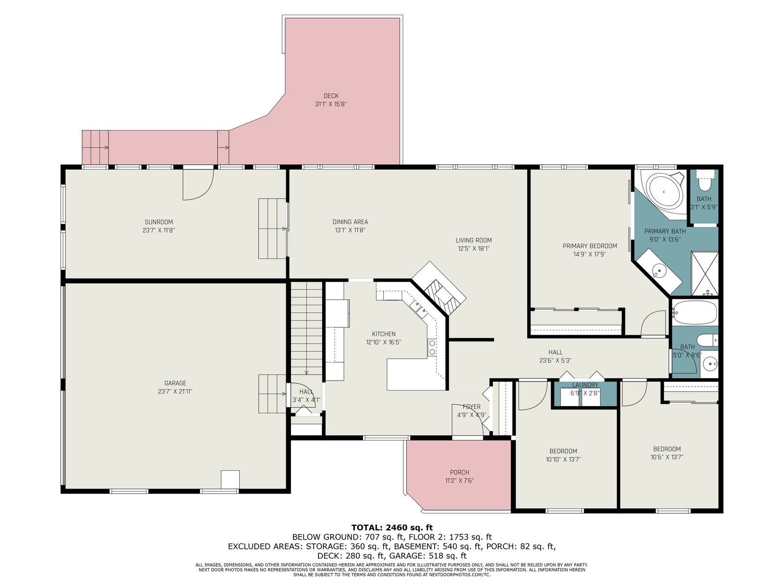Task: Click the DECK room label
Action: coord(331,96)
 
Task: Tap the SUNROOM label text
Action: coord(159,222)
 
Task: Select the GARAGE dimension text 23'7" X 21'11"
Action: coord(175,392)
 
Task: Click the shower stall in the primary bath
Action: coord(705,273)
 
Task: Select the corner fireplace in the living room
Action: coord(439,288)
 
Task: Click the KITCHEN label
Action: coord(384,334)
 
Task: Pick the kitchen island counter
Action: coord(416,374)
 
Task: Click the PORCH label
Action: coord(459,472)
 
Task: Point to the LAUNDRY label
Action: coord(585,385)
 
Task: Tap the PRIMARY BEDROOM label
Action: coord(589,246)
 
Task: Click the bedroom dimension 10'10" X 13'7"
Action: coord(563,460)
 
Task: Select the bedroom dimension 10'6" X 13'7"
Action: coord(666,457)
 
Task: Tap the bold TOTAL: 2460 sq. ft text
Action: coord(392,528)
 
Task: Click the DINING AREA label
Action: coord(350,222)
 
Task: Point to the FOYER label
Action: coord(471,407)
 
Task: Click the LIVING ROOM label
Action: coord(474,240)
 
